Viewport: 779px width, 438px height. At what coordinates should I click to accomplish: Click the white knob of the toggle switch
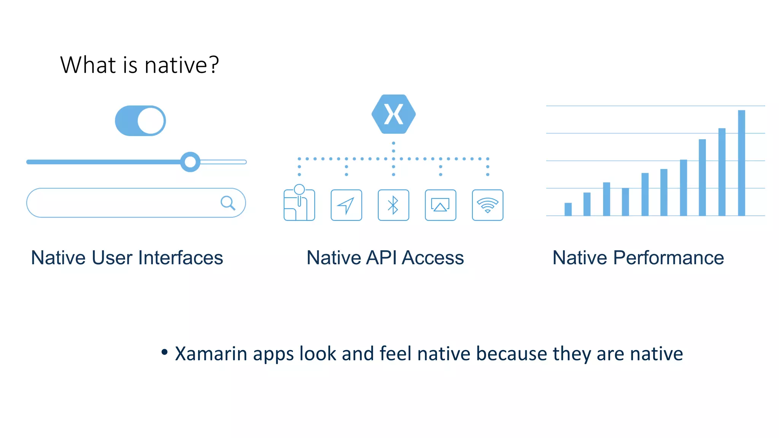151,121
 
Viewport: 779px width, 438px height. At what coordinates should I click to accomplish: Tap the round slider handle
190,162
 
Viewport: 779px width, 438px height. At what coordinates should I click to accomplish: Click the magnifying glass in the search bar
228,203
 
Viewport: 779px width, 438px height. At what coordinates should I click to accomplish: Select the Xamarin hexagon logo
393,114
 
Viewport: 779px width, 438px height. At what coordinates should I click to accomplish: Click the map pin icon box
299,205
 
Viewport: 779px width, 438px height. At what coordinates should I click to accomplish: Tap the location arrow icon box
346,205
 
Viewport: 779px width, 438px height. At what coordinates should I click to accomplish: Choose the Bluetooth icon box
393,205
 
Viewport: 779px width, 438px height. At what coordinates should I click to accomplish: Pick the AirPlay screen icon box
440,205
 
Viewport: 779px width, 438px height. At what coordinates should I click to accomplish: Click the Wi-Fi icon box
488,205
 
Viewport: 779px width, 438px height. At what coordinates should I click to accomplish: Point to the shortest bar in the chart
568,209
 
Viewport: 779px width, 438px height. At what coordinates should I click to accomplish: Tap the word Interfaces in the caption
181,258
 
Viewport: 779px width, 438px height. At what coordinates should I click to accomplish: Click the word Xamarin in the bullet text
211,354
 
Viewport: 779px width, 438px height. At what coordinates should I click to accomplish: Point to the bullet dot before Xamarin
164,352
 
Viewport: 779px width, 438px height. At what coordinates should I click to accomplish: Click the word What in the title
88,65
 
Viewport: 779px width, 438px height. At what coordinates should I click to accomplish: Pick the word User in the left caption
112,258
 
